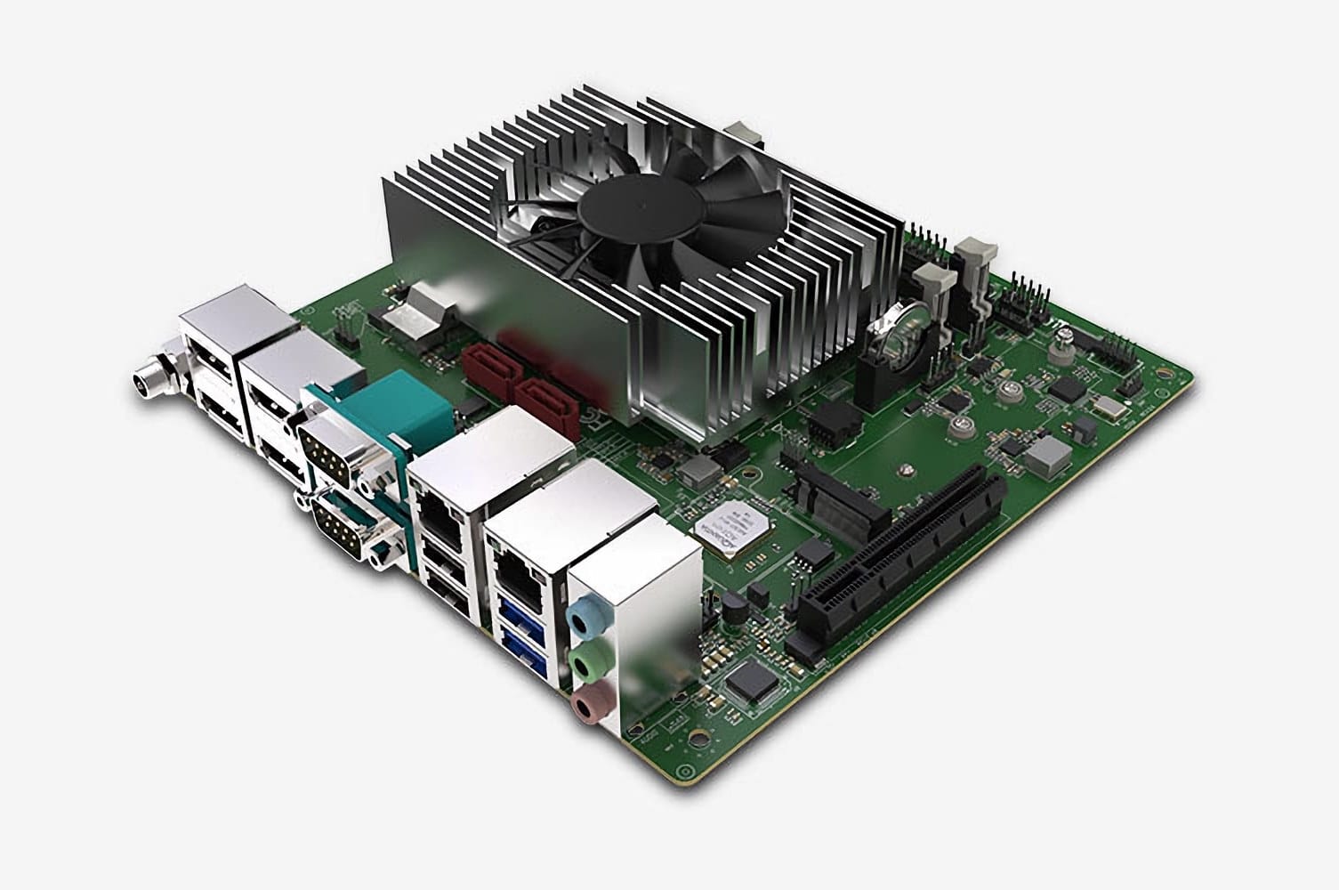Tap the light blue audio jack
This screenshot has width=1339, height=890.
[x=585, y=615]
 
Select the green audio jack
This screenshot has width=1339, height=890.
[x=585, y=662]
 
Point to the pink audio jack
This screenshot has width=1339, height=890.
[x=585, y=708]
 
